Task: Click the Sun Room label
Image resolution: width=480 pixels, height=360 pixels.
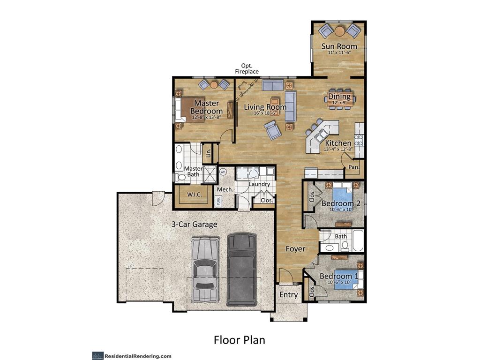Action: click(x=339, y=46)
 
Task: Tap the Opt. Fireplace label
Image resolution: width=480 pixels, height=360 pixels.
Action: click(x=247, y=68)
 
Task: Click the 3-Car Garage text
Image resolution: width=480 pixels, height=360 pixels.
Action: click(x=194, y=225)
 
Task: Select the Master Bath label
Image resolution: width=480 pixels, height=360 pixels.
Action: click(x=193, y=172)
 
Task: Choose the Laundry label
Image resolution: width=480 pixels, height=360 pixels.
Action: click(x=259, y=184)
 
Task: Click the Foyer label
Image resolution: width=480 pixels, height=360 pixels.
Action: click(x=295, y=249)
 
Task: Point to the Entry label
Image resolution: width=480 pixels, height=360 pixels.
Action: click(x=288, y=295)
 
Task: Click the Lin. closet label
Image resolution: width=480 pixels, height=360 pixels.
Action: click(x=209, y=152)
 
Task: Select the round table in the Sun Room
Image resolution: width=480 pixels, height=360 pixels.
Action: click(x=339, y=31)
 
